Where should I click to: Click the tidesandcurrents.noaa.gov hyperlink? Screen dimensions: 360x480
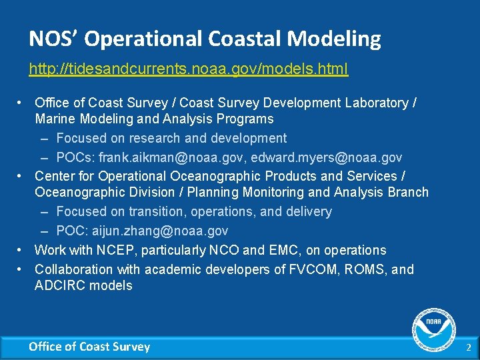coord(188,69)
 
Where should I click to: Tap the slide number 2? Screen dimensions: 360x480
coord(468,347)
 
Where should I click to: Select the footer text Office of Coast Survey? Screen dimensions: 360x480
coord(89,347)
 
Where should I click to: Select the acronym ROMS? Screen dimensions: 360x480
coord(363,269)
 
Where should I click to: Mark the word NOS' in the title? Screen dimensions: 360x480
coord(54,39)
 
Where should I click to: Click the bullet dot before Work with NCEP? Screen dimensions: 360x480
coord(21,250)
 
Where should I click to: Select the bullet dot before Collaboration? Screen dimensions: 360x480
coord(21,269)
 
